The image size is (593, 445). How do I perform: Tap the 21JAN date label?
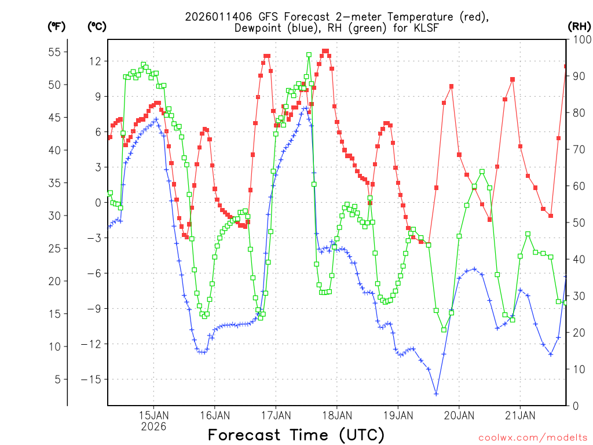(520, 415)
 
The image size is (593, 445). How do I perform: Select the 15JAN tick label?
(153, 415)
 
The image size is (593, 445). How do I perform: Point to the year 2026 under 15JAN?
(153, 427)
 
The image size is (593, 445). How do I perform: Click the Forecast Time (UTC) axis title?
(296, 435)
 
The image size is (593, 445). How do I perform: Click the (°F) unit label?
(56, 26)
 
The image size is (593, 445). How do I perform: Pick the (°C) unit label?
(97, 26)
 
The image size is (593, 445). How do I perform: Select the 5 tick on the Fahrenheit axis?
(57, 380)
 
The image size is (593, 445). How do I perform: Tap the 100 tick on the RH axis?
(581, 40)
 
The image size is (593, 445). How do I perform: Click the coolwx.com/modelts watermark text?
(532, 437)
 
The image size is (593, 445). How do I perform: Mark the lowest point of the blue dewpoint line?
(436, 394)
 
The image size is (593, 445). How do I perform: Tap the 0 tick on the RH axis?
(574, 406)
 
